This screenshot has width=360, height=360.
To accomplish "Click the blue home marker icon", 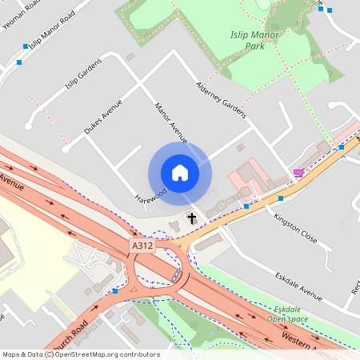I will click(x=179, y=173).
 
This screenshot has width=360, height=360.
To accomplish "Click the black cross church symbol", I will click(x=191, y=218).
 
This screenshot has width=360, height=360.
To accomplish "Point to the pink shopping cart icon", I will click(x=298, y=172).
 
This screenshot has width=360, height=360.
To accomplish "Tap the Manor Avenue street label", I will click(x=170, y=122).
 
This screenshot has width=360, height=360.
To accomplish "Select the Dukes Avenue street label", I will click(x=103, y=117).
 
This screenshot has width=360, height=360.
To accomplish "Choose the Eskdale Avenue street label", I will click(x=298, y=286).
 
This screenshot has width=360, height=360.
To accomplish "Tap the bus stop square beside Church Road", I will click(x=116, y=291).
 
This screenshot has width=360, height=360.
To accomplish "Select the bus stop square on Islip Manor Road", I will click(x=26, y=47).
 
